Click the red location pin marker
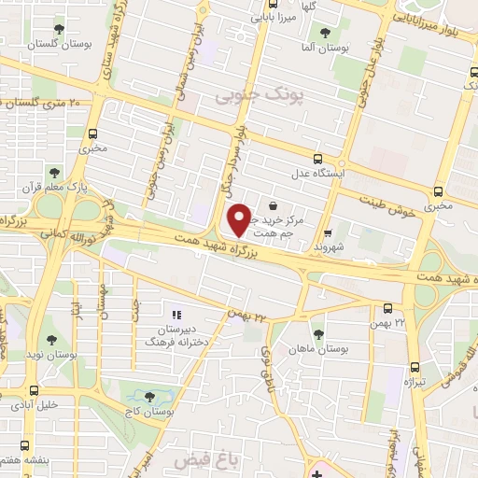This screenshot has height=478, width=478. pos(239,218)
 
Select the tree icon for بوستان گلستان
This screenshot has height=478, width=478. pos(61,30)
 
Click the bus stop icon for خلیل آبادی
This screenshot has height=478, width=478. pos(35,390)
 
